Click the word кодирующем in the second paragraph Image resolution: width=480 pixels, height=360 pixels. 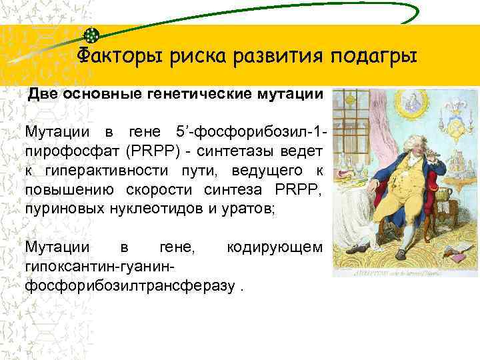[275, 248]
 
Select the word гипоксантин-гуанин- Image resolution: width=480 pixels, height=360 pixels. [100, 267]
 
